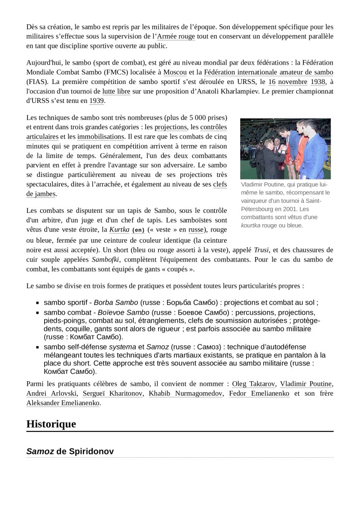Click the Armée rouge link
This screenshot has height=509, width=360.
click(176, 36)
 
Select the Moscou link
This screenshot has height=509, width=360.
click(175, 72)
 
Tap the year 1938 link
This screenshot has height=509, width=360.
click(318, 82)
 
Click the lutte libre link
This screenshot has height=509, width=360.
click(115, 91)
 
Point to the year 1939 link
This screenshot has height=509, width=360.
click(96, 100)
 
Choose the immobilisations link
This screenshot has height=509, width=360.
click(100, 136)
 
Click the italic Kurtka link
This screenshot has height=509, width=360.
click(119, 229)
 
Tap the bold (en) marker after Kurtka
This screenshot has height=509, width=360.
click(138, 230)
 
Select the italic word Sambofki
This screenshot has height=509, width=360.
click(105, 259)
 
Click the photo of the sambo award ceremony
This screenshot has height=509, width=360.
click(285, 149)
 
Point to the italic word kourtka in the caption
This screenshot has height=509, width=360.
click(251, 225)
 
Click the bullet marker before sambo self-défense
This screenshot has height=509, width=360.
click(37, 346)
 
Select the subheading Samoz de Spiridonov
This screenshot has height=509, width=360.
click(70, 451)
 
